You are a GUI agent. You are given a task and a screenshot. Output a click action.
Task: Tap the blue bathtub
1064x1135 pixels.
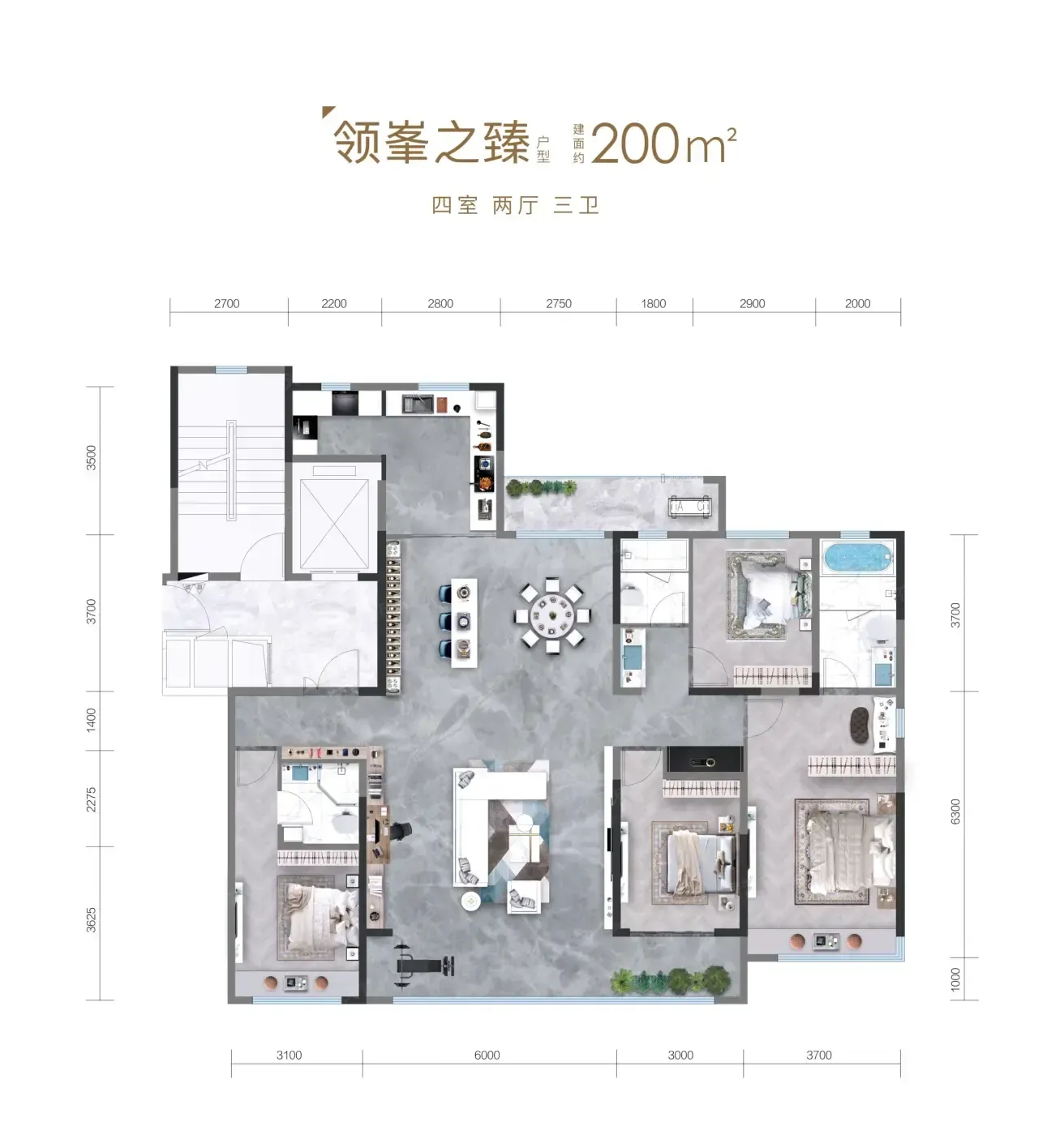tap(856, 557)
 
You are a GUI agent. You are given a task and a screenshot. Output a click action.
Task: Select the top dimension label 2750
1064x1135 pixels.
tap(558, 303)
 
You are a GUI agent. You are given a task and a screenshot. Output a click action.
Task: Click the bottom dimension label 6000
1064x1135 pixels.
tap(487, 1055)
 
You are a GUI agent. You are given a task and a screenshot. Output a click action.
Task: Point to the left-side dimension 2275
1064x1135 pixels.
tap(91, 799)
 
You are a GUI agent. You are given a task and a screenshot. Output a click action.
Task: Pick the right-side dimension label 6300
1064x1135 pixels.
tap(955, 812)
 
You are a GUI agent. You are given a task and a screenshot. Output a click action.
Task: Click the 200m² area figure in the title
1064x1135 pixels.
tap(663, 143)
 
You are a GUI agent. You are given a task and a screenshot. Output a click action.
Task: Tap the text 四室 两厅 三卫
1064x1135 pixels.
tap(515, 205)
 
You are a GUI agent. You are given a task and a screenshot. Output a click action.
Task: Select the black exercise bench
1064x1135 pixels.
tap(424, 966)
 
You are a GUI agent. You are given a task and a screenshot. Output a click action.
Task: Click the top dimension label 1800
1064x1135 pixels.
tap(653, 303)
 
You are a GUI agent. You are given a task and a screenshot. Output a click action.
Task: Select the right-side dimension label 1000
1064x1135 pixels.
tap(955, 979)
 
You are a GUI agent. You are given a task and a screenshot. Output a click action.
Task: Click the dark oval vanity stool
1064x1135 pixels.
tap(860, 726)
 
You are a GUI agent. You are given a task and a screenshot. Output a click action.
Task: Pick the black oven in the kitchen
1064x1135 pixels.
tap(345, 403)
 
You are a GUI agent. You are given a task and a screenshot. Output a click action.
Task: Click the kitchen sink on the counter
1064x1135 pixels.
tap(418, 404)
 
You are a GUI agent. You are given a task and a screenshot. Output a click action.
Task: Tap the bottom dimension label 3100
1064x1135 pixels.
tap(289, 1055)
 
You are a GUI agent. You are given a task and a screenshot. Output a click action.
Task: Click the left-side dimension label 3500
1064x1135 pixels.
tap(91, 458)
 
